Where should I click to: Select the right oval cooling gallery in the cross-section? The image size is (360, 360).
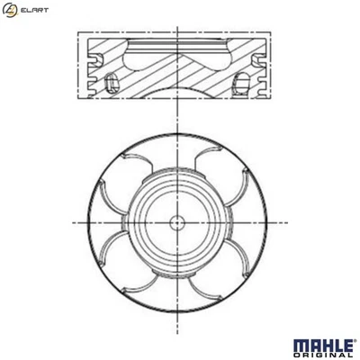click(244, 85)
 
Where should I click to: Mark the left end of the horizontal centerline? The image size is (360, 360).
click(71, 221)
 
